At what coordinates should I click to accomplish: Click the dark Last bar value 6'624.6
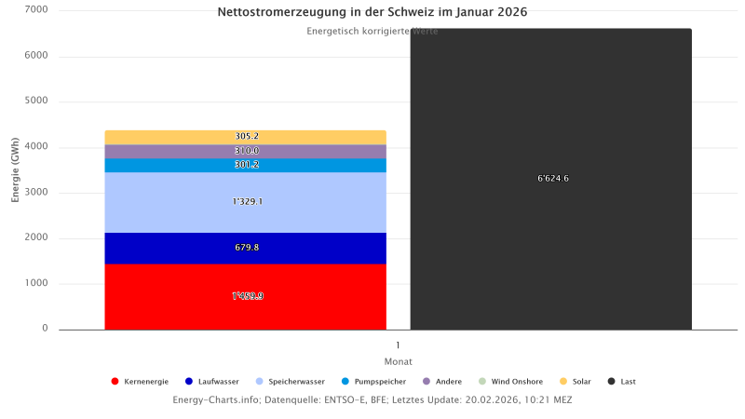point(552,179)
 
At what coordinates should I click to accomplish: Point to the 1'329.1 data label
point(247,201)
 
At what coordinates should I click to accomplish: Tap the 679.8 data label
point(247,248)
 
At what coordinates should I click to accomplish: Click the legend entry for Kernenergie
point(141,381)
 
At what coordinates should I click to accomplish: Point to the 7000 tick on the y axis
point(38,10)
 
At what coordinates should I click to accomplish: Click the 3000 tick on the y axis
point(38,193)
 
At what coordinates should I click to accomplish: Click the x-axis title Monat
point(398,361)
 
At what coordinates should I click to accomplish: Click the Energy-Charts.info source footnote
point(372,399)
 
